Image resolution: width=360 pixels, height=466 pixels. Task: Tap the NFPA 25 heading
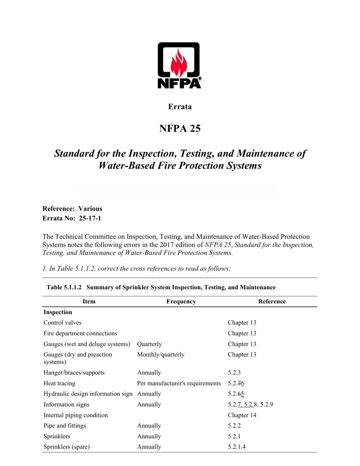180,128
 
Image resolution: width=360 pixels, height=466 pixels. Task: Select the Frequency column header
181,301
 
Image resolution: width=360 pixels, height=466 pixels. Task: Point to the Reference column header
272,301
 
